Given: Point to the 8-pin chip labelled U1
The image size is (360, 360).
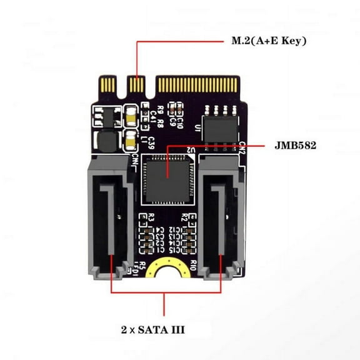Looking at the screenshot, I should click(220, 129).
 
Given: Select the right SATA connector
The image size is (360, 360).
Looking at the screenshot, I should click(221, 216).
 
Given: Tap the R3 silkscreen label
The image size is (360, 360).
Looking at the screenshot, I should click(149, 218).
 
